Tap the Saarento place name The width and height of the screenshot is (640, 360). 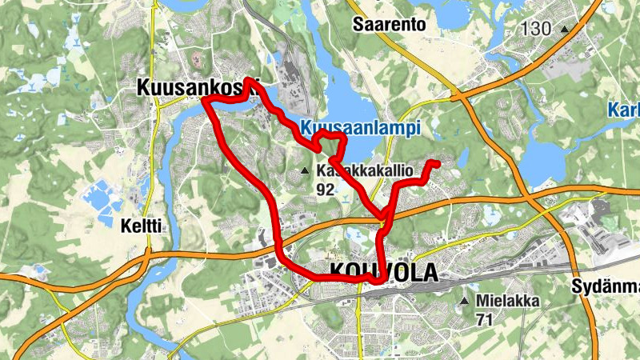tap(389, 25)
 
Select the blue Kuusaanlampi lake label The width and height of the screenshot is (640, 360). tap(361, 127)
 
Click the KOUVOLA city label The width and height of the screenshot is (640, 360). tap(383, 273)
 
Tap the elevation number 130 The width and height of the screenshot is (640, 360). tap(535, 29)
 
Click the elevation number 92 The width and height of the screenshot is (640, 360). tap(325, 190)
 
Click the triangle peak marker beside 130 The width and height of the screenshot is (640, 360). tap(565, 29)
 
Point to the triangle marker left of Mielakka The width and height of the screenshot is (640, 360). tap(466, 302)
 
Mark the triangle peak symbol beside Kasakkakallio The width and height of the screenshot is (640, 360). tap(304, 171)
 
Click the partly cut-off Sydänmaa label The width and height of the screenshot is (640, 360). tap(606, 286)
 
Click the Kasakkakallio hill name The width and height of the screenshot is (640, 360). tap(363, 170)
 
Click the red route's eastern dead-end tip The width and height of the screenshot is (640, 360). tap(438, 163)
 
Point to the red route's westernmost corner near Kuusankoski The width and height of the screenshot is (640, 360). tap(204, 101)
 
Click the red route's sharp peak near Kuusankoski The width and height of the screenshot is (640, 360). tap(250, 80)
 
